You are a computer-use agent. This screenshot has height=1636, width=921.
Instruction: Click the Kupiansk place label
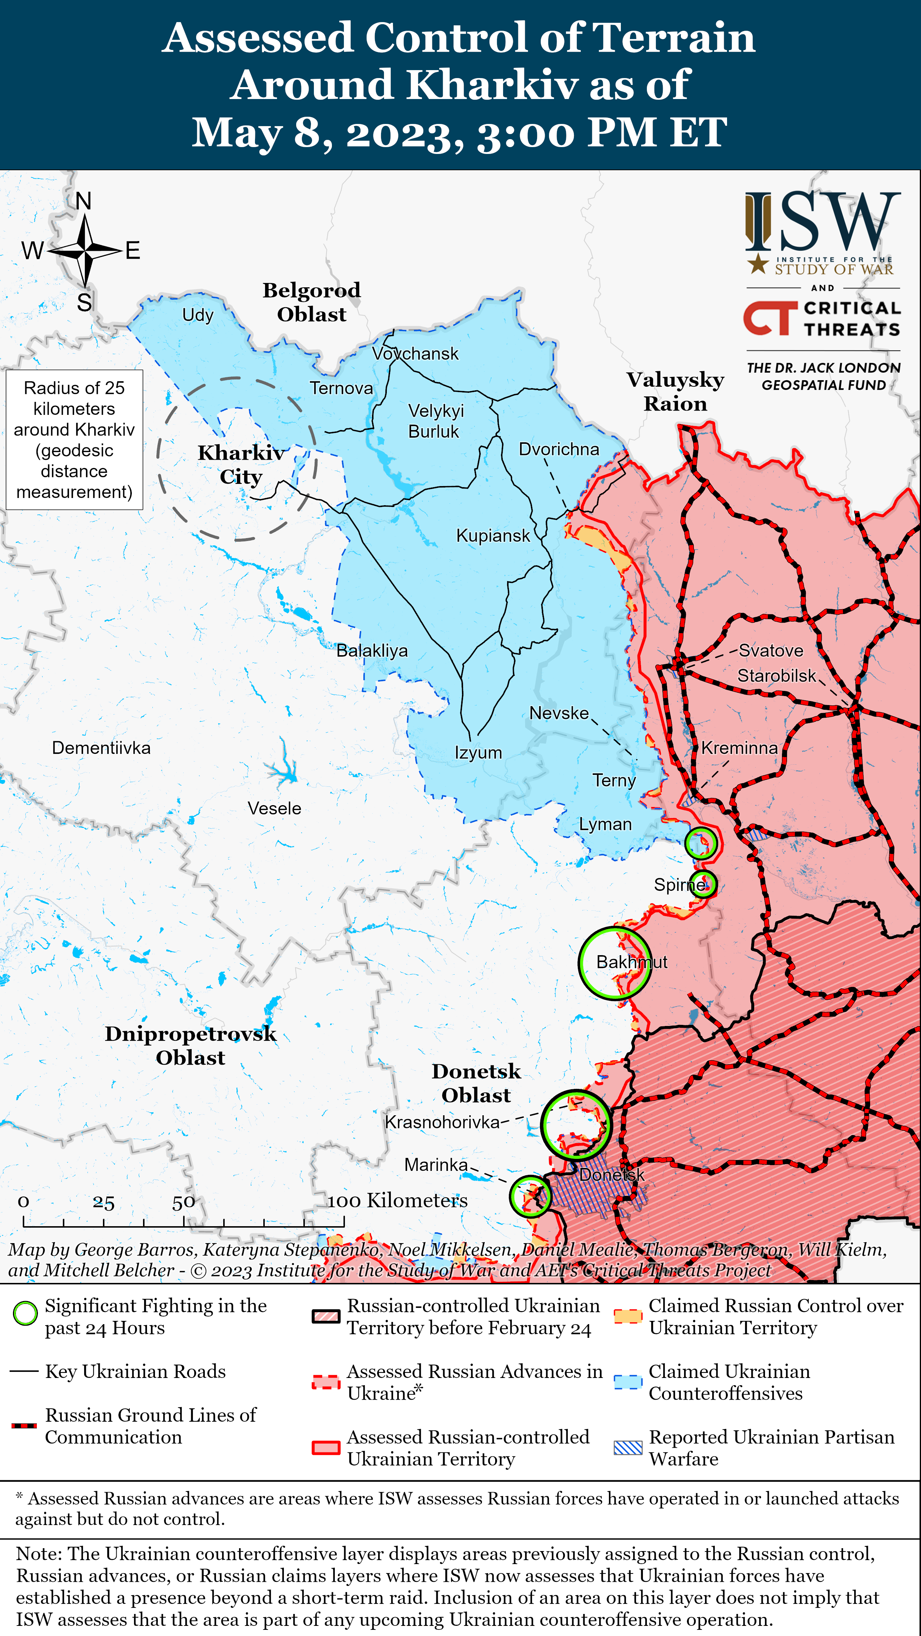pos(493,535)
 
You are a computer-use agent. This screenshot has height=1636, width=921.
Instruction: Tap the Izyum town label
pos(478,752)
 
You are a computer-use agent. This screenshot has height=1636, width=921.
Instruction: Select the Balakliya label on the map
pos(372,650)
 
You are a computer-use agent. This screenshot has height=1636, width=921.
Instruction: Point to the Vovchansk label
pos(415,354)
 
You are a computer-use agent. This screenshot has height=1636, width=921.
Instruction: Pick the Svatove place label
pos(770,650)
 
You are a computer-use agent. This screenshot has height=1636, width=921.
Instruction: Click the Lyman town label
pos(605,824)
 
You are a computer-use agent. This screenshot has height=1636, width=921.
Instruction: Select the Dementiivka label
pos(101,747)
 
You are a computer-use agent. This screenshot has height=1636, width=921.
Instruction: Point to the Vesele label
pos(274,808)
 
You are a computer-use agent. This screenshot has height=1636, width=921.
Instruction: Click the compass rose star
pos(85,251)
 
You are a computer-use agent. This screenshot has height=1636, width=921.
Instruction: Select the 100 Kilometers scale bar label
pos(397,1200)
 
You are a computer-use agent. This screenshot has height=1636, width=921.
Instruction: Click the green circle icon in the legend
pos(25,1313)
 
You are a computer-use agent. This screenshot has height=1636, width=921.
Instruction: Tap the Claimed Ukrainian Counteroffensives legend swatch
pos(628,1382)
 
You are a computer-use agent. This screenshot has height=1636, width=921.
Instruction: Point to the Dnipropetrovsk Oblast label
pos(190,1045)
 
